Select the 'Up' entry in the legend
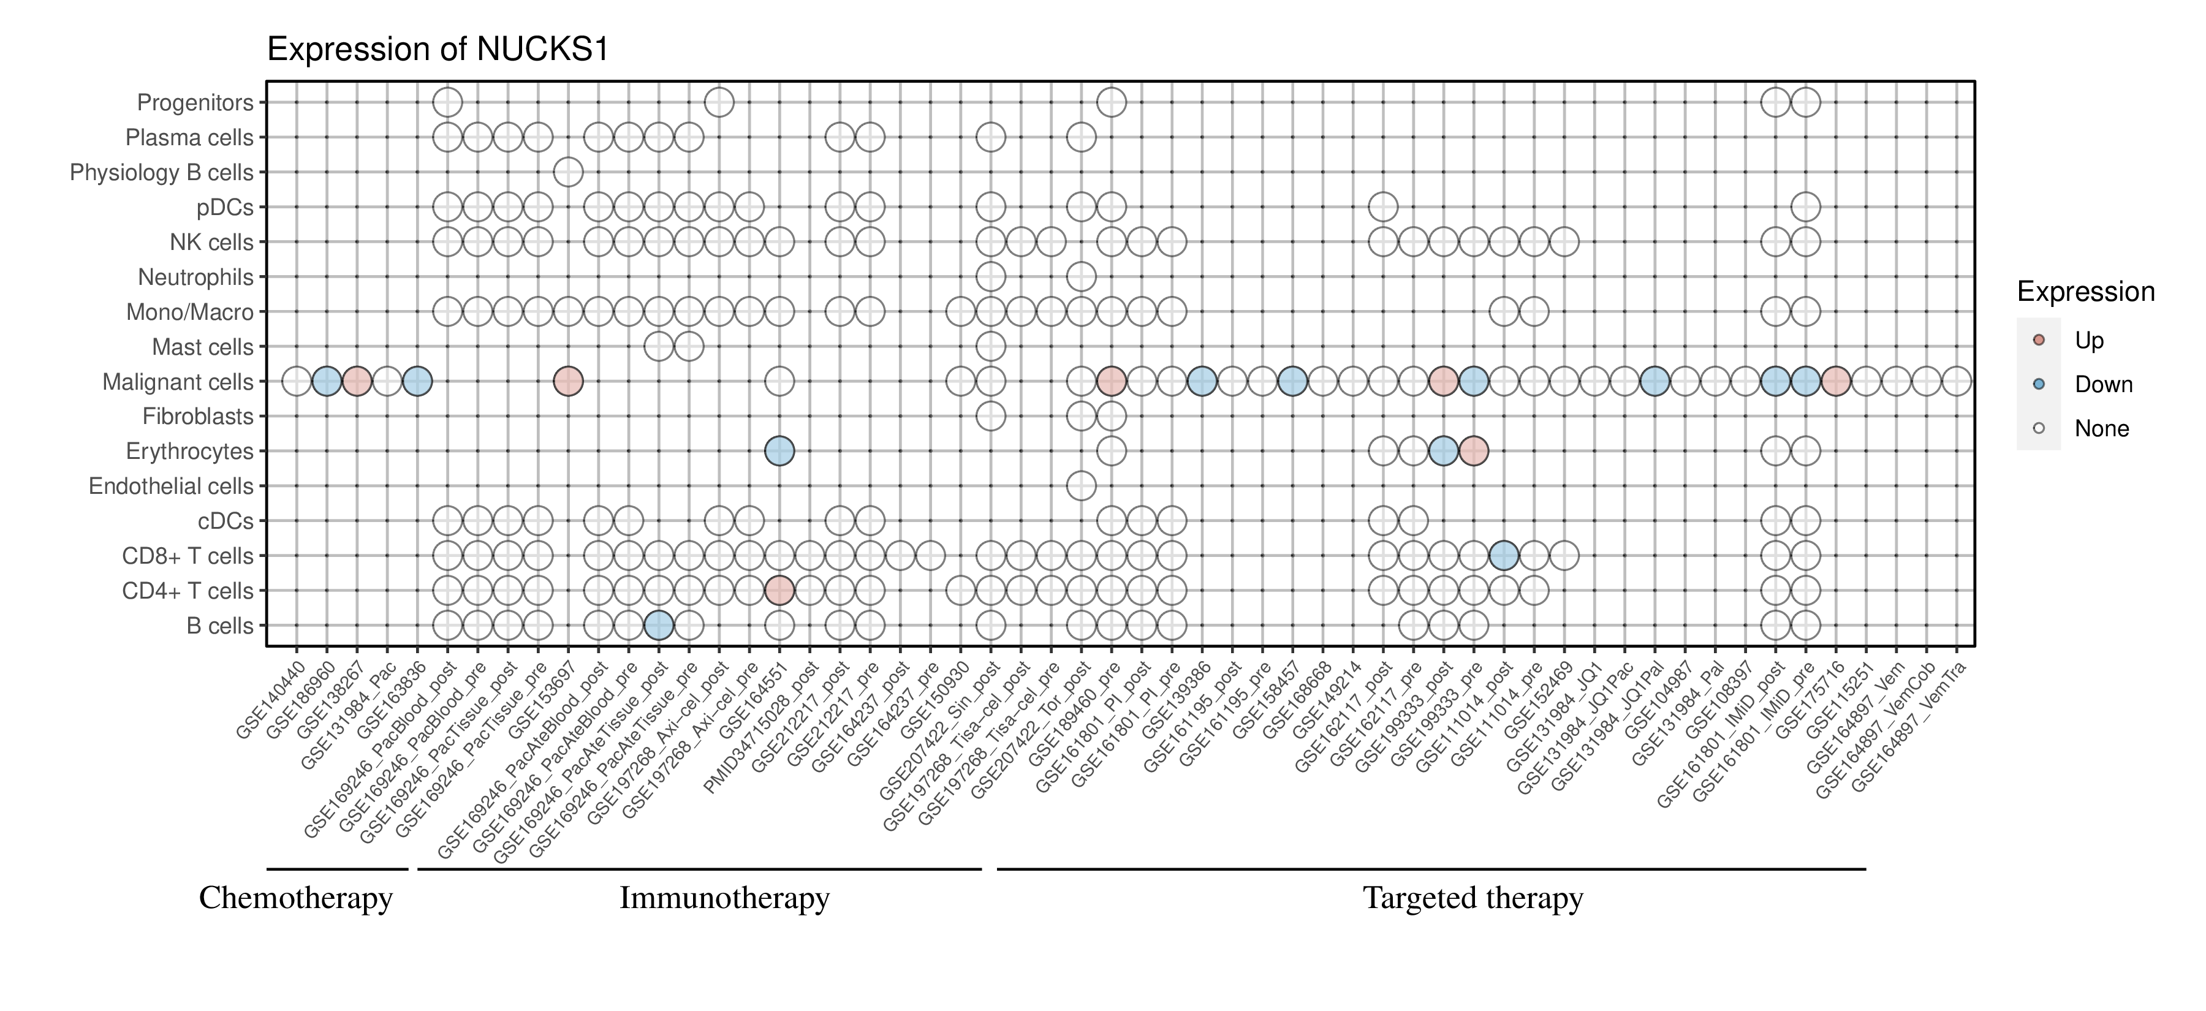[x=2089, y=341]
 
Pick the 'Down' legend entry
[x=2102, y=384]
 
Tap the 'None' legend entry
[x=2101, y=429]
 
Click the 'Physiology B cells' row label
[x=162, y=173]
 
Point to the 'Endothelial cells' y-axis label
[x=172, y=487]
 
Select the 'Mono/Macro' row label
[x=189, y=312]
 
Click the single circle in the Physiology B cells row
[x=568, y=172]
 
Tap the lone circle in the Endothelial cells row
[x=1081, y=485]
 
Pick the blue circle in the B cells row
[x=659, y=626]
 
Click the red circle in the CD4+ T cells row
[x=778, y=591]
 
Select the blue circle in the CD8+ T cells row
[x=1504, y=556]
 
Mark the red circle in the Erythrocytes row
[x=1474, y=451]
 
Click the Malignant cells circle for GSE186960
[x=326, y=382]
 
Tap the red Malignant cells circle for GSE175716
[x=1835, y=382]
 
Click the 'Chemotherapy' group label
[x=295, y=898]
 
